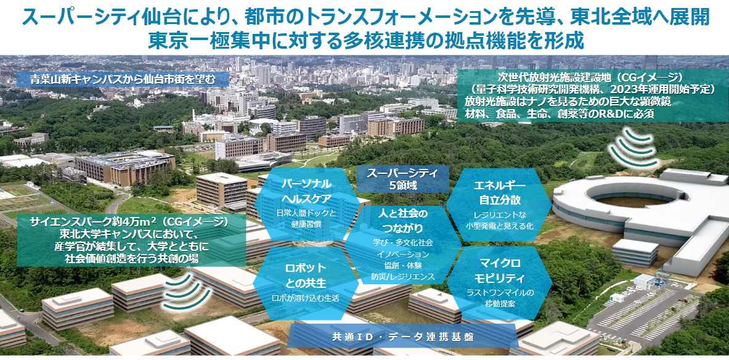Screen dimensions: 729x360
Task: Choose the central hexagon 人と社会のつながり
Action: click(403, 245)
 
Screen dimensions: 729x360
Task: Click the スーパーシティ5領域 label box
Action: click(403, 179)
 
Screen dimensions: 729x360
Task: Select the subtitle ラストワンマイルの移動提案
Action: click(499, 298)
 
